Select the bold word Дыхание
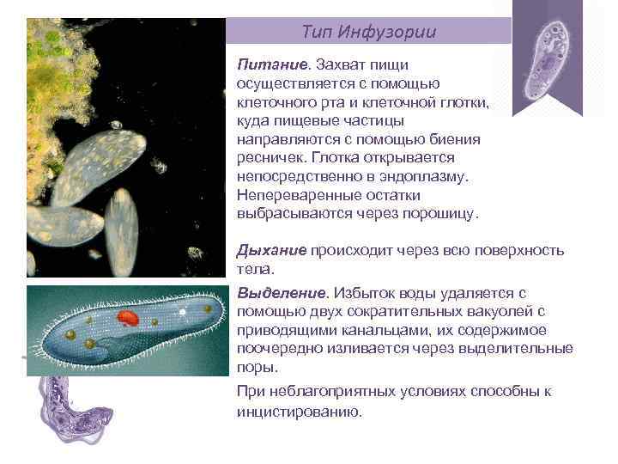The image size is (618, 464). pyautogui.click(x=271, y=250)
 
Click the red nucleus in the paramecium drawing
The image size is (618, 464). pyautogui.click(x=128, y=320)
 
